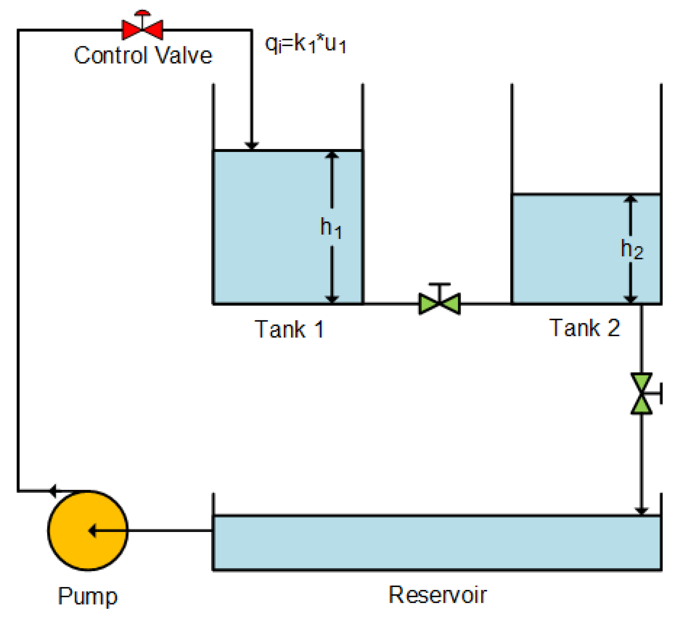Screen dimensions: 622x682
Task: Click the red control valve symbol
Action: pyautogui.click(x=143, y=30)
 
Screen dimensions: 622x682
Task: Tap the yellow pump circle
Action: pyautogui.click(x=88, y=530)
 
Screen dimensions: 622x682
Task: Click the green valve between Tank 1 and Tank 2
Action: pyautogui.click(x=439, y=303)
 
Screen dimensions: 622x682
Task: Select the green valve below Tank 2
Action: pyautogui.click(x=641, y=393)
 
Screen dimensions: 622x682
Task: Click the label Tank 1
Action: pyautogui.click(x=289, y=329)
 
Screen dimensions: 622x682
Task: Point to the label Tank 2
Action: pyautogui.click(x=585, y=328)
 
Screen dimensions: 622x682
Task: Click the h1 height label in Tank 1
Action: pyautogui.click(x=330, y=228)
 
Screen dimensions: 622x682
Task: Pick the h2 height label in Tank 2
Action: pyautogui.click(x=631, y=249)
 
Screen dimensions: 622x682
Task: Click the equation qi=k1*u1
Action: pyautogui.click(x=305, y=44)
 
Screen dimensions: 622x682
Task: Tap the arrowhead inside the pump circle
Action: pyautogui.click(x=92, y=530)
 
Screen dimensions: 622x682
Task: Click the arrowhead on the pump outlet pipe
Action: pyautogui.click(x=53, y=491)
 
